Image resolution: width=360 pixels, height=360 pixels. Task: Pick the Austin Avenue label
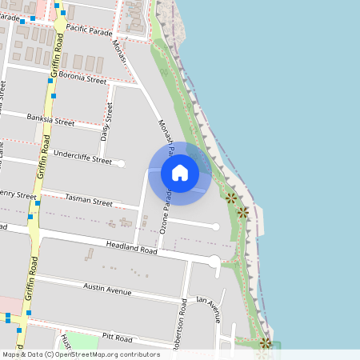106,289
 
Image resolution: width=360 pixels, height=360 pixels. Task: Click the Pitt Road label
118,338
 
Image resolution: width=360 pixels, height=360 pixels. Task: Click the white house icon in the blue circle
180,172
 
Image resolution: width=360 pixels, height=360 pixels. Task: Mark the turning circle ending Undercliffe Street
122,163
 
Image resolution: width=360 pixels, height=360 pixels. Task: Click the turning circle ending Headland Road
214,262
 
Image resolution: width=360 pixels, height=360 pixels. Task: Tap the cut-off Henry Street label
18,194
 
